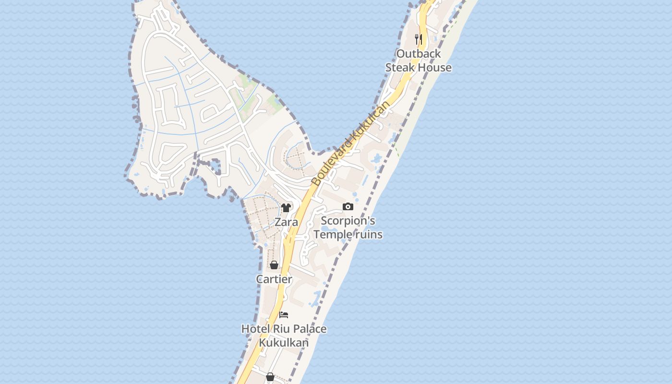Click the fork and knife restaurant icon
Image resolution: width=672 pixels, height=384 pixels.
(x=419, y=39)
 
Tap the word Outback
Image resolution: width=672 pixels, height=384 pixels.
(x=419, y=54)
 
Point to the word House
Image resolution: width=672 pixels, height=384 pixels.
(x=435, y=68)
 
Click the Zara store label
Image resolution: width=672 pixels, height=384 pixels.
(x=286, y=222)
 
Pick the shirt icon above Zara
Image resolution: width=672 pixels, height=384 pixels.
(x=286, y=208)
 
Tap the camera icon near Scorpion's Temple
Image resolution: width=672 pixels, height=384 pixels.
(x=348, y=206)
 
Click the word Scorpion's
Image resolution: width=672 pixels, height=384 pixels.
(x=348, y=221)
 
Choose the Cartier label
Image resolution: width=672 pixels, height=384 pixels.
(x=274, y=279)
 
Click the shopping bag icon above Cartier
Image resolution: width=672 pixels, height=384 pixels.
(x=274, y=265)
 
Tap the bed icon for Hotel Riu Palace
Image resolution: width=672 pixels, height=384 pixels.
(x=284, y=315)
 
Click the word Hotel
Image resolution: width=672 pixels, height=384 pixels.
(x=255, y=329)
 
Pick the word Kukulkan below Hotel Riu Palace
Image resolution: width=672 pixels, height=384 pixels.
(x=284, y=343)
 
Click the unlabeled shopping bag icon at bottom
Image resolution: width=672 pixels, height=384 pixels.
(x=270, y=377)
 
